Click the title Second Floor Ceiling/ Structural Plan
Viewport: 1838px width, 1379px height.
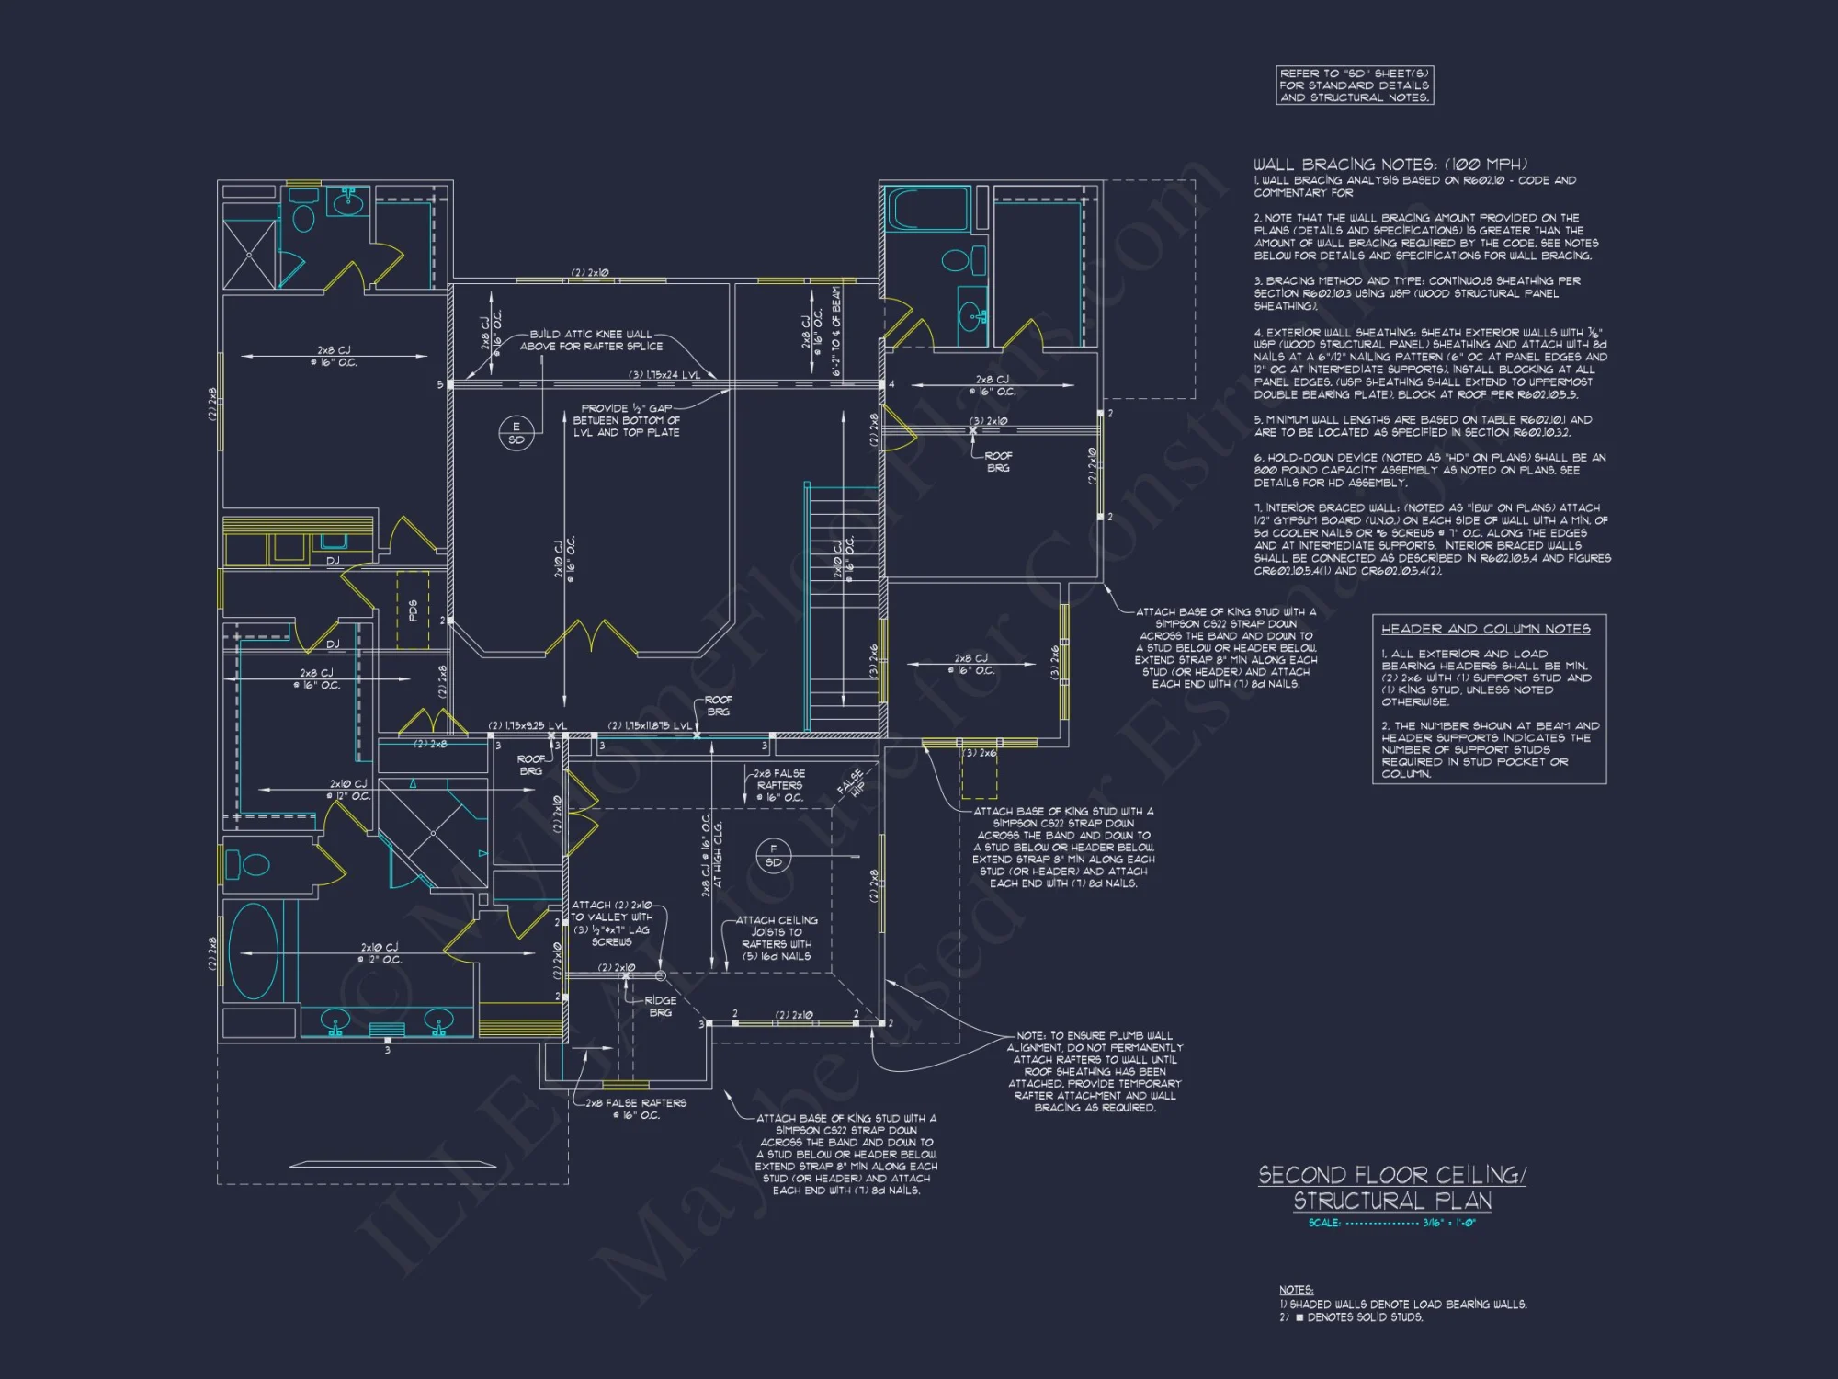pyautogui.click(x=1391, y=1187)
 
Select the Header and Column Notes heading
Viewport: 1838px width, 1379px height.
pyautogui.click(x=1485, y=629)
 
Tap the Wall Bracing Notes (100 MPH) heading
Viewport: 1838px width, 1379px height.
pyautogui.click(x=1390, y=165)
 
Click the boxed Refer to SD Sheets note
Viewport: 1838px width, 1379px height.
pyautogui.click(x=1355, y=85)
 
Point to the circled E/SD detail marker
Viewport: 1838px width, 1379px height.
pyautogui.click(x=516, y=433)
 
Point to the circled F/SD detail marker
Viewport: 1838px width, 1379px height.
pyautogui.click(x=773, y=855)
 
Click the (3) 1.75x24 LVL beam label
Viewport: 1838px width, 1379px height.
pyautogui.click(x=664, y=375)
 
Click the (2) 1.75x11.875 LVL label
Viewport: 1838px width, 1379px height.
pyautogui.click(x=650, y=726)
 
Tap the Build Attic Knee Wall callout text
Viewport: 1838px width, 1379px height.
pyautogui.click(x=590, y=340)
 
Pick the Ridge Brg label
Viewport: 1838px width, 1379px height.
pyautogui.click(x=660, y=1007)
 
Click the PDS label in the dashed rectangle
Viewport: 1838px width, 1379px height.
pyautogui.click(x=413, y=610)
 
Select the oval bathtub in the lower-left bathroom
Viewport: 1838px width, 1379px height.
pyautogui.click(x=253, y=952)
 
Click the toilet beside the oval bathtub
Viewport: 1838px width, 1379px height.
pyautogui.click(x=248, y=864)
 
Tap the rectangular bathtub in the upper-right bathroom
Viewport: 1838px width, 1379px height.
pyautogui.click(x=927, y=209)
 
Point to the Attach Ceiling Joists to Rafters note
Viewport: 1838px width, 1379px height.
pyautogui.click(x=777, y=938)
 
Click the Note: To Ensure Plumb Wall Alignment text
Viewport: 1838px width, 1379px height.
pyautogui.click(x=1094, y=1071)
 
